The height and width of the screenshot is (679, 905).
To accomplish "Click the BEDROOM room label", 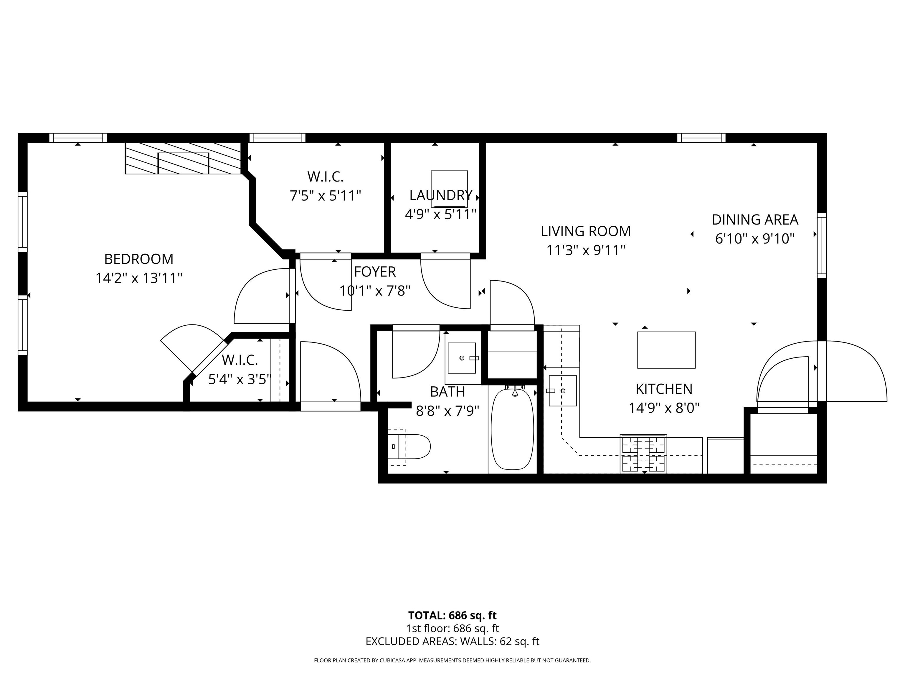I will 139,259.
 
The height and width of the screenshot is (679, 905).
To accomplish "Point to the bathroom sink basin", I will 462,358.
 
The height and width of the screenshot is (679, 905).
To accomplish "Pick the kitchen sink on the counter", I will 563,391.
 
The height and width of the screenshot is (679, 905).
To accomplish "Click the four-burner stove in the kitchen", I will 643,454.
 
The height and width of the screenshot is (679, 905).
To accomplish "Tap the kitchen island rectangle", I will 666,350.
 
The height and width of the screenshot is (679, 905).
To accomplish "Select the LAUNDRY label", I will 441,195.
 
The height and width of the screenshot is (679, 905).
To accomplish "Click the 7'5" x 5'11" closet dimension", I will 325,196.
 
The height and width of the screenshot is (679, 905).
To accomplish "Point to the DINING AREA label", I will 755,220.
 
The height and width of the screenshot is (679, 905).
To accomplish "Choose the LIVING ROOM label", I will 585,231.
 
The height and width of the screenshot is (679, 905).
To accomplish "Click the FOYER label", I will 375,272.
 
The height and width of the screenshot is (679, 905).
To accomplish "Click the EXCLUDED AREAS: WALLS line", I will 452,641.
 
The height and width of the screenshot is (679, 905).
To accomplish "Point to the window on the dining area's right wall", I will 822,245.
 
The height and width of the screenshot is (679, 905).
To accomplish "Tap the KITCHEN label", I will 664,389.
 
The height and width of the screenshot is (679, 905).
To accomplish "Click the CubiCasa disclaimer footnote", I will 452,660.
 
